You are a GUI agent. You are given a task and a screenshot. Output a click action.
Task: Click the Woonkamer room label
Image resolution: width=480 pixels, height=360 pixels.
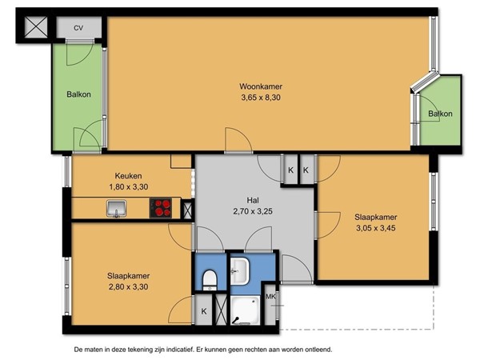[261, 86]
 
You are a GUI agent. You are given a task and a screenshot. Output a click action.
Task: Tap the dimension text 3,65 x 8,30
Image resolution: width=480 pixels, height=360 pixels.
[261, 98]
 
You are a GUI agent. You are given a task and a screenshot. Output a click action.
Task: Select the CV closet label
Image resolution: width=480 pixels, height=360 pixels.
[78, 28]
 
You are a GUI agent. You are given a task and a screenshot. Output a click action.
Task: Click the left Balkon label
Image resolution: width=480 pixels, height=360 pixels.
[78, 94]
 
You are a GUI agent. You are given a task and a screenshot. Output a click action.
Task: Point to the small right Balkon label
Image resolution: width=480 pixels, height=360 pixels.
[440, 114]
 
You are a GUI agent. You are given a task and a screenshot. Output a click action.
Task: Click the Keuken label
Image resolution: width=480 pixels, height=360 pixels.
[129, 176]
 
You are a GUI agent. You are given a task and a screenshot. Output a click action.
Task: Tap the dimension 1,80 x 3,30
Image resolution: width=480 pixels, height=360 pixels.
[129, 187]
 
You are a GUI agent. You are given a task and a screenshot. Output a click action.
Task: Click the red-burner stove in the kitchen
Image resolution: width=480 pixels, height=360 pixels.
[162, 208]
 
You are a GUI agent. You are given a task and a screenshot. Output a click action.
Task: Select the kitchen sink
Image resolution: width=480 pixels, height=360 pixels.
[117, 210]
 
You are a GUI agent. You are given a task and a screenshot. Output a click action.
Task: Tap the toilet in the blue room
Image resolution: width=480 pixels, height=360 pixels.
[209, 278]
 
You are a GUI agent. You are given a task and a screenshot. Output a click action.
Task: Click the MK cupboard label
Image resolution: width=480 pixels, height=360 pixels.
[270, 298]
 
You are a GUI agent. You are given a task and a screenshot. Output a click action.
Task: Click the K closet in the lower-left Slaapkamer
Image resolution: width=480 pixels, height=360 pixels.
[203, 311]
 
